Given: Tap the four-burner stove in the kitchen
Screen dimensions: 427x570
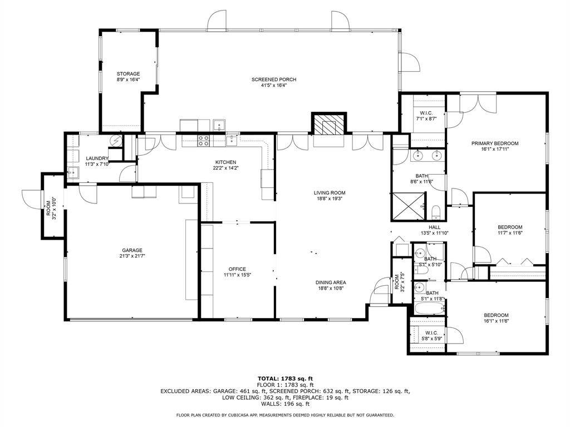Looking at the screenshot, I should coord(204,140).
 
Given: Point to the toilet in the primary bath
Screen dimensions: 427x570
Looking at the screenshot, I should coord(436,211).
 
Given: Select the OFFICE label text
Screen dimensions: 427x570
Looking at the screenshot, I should coord(237,269).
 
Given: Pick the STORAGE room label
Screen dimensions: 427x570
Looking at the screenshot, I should coord(128,74).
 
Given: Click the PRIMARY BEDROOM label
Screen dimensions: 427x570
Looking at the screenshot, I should coord(495,143).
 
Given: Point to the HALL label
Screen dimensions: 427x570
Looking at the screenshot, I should coord(434,227).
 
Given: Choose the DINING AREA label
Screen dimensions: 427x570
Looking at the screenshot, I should coord(331,282).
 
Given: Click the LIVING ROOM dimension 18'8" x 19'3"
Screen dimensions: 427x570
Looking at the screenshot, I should coord(330,198).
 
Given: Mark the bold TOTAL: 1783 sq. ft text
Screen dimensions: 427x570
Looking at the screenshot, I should coord(285,378).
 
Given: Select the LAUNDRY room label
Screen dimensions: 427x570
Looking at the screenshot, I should coord(97,158).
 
